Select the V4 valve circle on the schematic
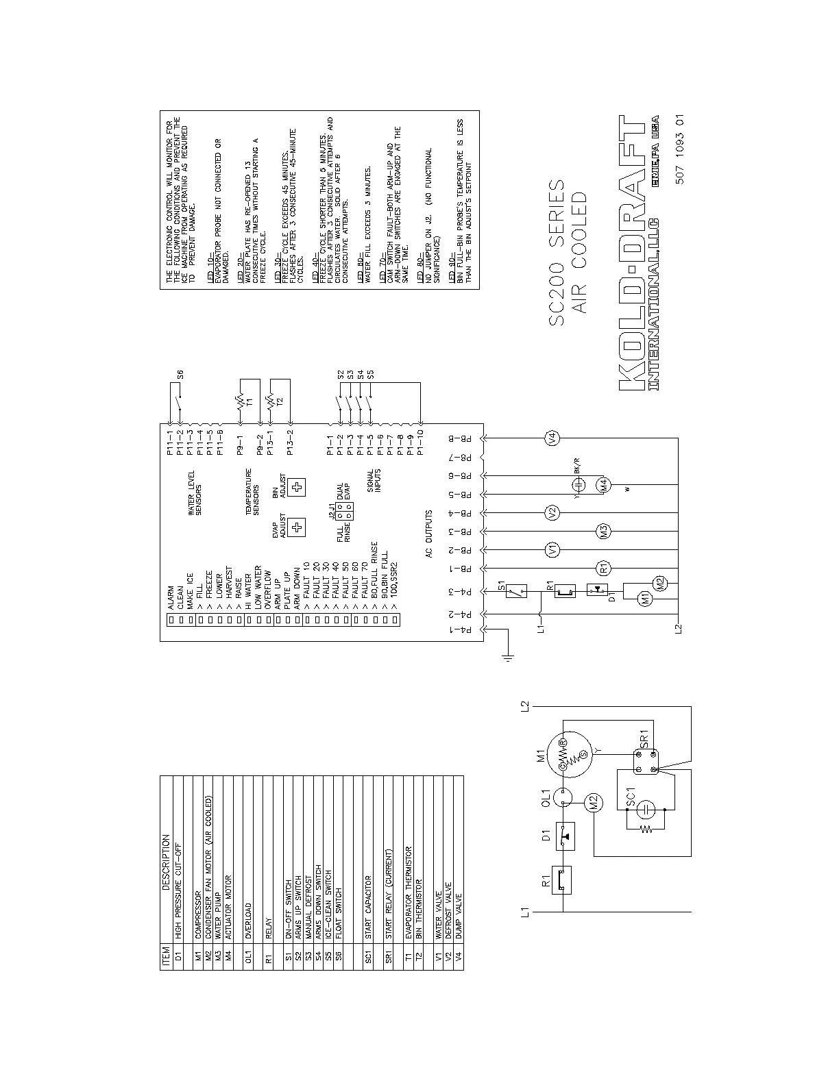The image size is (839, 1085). pos(553,438)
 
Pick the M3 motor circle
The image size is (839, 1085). pos(604,531)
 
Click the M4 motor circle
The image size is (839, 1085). pos(604,485)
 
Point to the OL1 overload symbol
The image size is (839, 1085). pos(563,796)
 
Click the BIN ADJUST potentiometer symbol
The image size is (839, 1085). pos(297,487)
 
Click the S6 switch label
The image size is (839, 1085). pos(180,375)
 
